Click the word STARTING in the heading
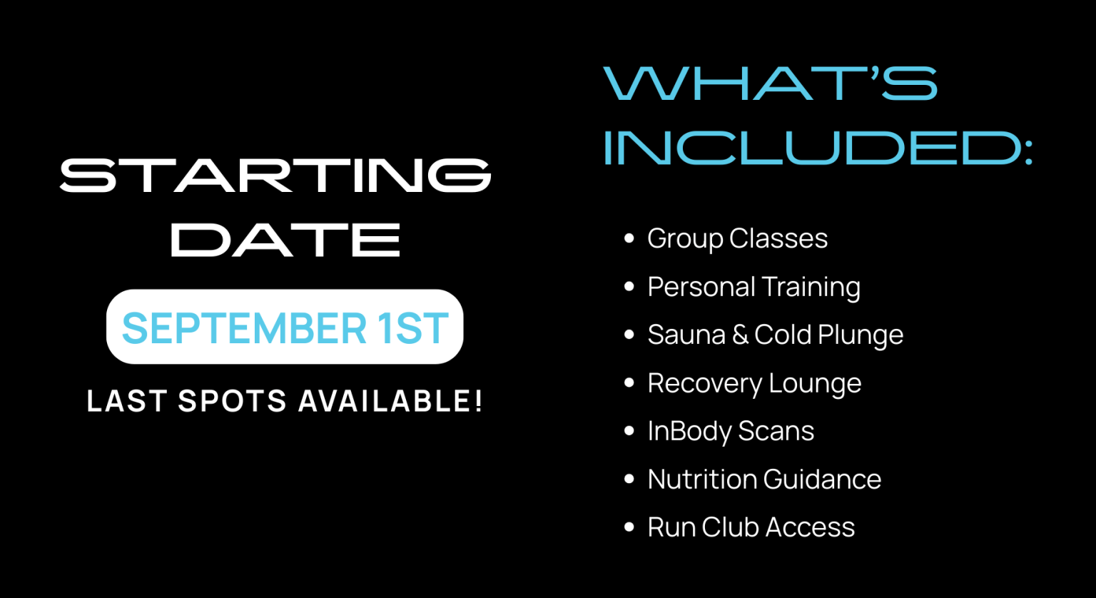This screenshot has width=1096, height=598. [x=275, y=176]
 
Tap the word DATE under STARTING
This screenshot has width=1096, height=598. [x=285, y=239]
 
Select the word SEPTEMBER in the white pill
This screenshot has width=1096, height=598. [x=244, y=328]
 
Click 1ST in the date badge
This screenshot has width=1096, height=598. [x=412, y=328]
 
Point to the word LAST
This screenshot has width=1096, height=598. [x=127, y=401]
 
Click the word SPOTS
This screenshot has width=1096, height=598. [x=233, y=401]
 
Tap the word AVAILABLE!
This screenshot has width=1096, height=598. [x=390, y=401]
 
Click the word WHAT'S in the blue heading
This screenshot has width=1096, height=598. [x=770, y=83]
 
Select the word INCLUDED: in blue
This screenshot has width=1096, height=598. [x=818, y=148]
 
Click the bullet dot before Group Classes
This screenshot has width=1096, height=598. [x=629, y=238]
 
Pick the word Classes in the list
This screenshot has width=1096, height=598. [x=778, y=238]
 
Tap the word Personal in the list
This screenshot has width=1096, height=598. [x=701, y=286]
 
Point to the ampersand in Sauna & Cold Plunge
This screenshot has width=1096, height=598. [x=740, y=335]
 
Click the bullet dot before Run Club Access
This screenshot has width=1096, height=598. [x=629, y=527]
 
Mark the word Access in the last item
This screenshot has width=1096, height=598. [x=811, y=527]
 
